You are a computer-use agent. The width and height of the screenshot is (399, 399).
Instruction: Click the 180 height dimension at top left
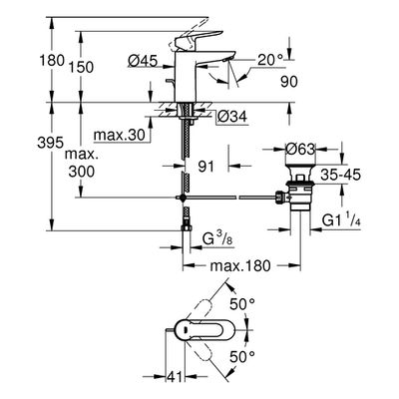pos(52,61)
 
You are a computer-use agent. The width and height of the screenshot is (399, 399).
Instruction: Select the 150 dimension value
pos(82,68)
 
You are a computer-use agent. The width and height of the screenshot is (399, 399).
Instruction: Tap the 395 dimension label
pos(50,143)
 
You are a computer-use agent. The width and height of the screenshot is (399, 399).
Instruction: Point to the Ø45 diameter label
pos(143,61)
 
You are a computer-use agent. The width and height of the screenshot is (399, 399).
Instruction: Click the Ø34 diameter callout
pos(232,117)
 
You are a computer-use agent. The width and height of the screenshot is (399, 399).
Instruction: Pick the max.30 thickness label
pos(120,135)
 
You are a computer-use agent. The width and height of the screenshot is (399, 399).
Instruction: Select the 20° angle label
pos(270,60)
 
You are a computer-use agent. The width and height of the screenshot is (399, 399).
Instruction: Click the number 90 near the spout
pos(289,82)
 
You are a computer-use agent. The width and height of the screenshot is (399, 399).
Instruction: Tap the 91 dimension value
pos(206,167)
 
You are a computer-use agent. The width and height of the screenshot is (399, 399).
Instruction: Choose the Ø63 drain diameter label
pos(300,150)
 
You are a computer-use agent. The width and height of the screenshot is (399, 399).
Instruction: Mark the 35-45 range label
pos(341,175)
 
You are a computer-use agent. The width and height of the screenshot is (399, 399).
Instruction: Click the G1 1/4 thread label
pos(342,220)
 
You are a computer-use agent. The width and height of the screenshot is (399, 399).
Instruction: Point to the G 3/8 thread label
pos(217,239)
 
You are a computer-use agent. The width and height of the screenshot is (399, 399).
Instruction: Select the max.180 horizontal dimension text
pos(241,265)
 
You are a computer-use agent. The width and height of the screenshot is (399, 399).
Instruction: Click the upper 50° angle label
pos(243,304)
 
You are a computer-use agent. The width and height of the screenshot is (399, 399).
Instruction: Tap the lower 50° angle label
pos(242,357)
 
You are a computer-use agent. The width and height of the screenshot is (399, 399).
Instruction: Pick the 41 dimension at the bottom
pos(175,377)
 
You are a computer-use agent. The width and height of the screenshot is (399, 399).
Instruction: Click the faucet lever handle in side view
pos(199,39)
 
